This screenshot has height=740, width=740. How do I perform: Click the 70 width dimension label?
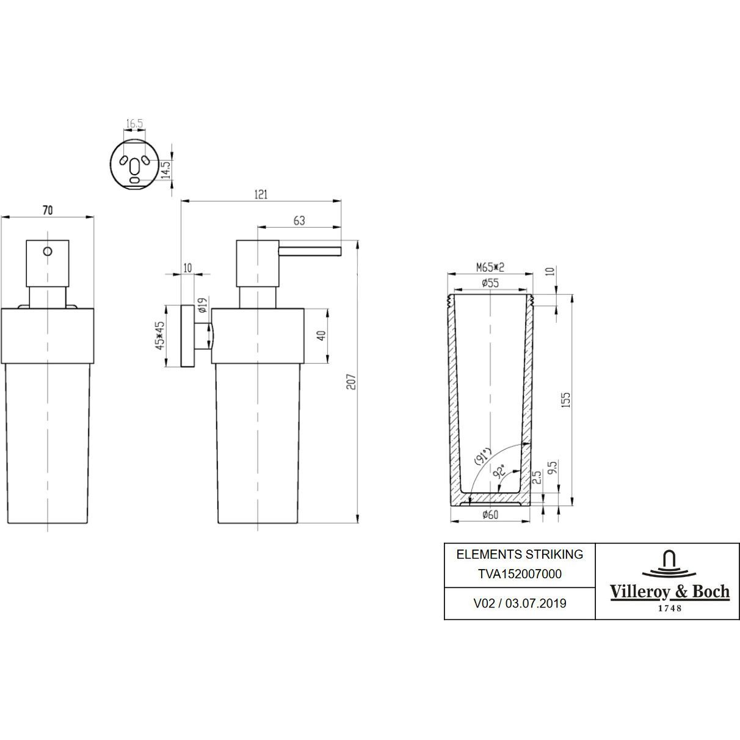(47, 210)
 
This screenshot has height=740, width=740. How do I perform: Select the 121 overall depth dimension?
(261, 195)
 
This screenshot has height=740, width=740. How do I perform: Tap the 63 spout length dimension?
(299, 221)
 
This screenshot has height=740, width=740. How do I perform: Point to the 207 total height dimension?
(351, 382)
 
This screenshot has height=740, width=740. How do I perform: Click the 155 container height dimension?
(566, 400)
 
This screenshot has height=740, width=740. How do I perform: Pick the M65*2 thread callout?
(490, 267)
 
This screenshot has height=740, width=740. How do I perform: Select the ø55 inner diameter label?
(490, 283)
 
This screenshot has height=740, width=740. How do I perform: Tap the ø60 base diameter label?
(490, 515)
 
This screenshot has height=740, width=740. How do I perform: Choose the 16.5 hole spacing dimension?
(134, 124)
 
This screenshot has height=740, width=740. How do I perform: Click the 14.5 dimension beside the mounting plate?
(164, 167)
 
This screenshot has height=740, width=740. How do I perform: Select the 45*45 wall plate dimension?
(161, 336)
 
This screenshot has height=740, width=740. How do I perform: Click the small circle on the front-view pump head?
(48, 251)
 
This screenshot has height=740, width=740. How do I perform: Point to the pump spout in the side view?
(310, 250)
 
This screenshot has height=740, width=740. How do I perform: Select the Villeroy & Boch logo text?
(670, 592)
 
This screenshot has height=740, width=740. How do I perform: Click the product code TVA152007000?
(520, 574)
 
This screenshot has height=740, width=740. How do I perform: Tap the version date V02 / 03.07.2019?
(520, 603)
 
